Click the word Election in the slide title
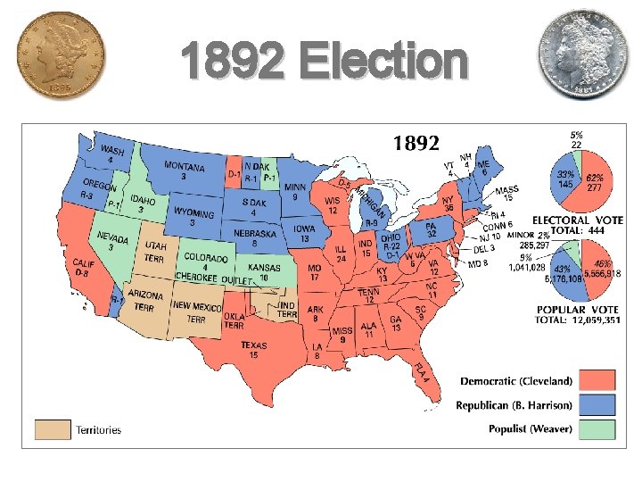(383, 63)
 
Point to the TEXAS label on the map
(253, 345)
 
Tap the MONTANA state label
(185, 168)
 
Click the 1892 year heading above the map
(416, 143)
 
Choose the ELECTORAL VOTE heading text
(578, 220)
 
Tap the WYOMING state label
(193, 213)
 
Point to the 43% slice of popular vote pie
(564, 272)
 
